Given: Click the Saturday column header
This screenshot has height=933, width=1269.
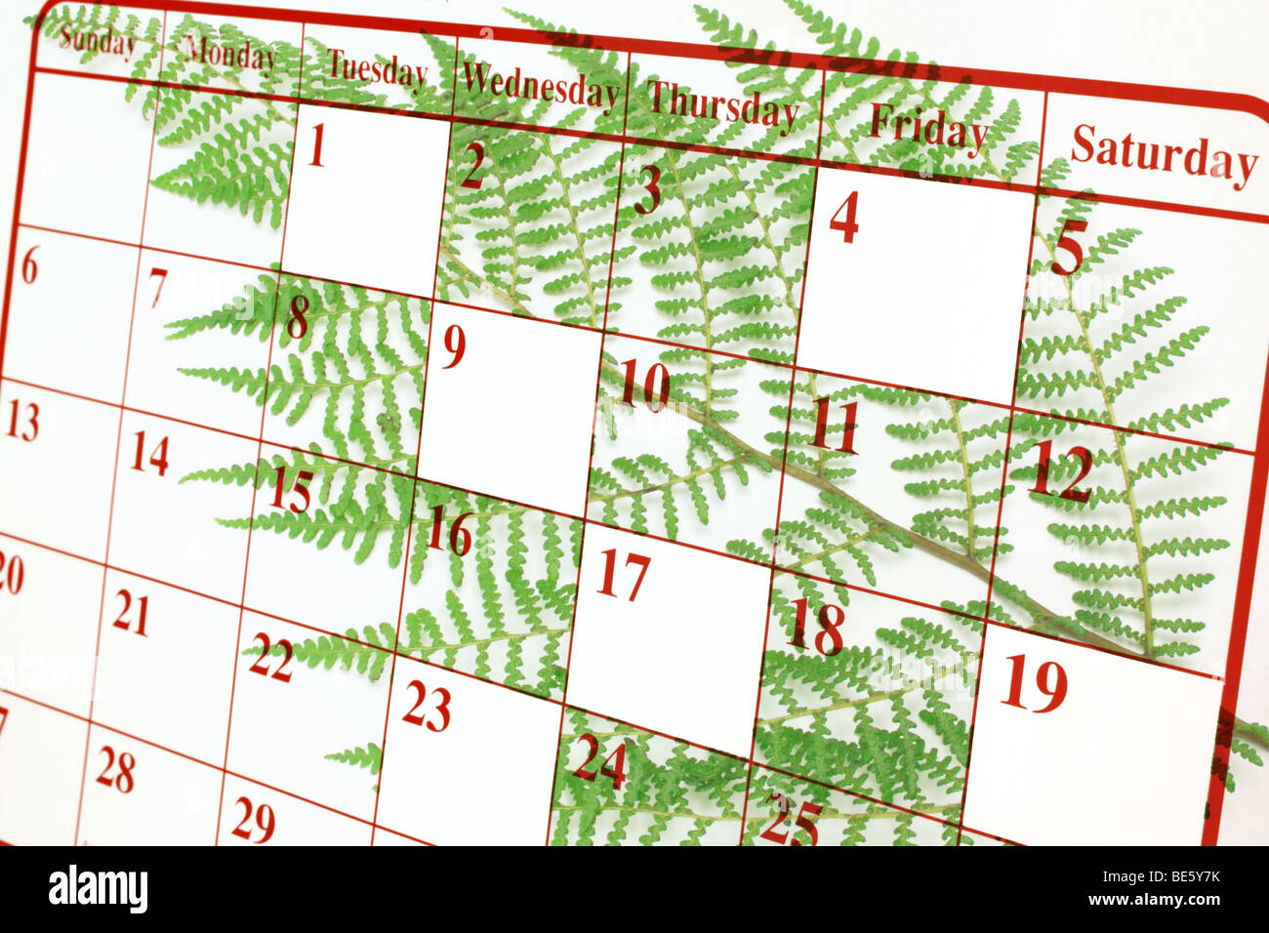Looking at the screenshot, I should [x=1163, y=155].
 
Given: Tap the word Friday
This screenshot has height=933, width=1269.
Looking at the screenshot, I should [x=927, y=128].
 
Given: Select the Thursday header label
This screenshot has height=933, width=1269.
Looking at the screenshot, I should [x=722, y=104].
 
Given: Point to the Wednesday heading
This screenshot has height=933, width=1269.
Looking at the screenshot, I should [x=539, y=87].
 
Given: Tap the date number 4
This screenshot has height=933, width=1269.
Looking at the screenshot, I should [x=843, y=218].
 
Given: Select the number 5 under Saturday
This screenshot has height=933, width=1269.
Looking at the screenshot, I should [x=1067, y=248].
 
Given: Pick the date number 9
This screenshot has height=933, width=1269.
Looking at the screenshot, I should [x=453, y=346].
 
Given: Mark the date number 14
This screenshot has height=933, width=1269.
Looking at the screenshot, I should [x=149, y=454].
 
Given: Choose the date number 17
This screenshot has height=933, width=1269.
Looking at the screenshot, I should [x=623, y=575].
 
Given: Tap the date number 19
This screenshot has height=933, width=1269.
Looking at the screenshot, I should [x=1034, y=683].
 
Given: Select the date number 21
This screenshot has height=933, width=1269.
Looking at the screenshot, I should [x=130, y=613].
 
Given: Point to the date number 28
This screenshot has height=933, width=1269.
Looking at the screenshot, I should [x=115, y=771].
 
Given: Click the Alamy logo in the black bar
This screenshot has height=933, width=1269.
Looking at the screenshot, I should [x=98, y=889].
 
